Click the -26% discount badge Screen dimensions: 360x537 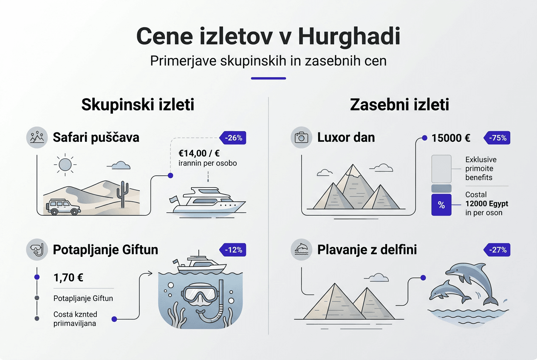(x=233, y=138)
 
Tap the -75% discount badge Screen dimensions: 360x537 (x=497, y=138)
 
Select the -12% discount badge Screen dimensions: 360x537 (x=233, y=250)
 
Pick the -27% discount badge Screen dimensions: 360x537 (x=497, y=250)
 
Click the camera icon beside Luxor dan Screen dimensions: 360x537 (x=302, y=138)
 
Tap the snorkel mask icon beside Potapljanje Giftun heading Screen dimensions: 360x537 (x=37, y=249)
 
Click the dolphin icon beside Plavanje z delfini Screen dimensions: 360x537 (x=302, y=249)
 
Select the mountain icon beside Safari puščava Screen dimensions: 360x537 (x=37, y=138)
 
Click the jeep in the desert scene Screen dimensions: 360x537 (x=63, y=206)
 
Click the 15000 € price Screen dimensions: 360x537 (x=451, y=138)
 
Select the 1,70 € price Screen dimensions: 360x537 (x=68, y=278)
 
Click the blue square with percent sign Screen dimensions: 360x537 (x=441, y=205)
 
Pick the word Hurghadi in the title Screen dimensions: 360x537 (x=349, y=37)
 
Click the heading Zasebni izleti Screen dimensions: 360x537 (x=399, y=105)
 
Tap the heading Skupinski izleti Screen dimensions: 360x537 (x=138, y=105)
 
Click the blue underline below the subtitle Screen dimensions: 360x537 (x=268, y=78)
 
